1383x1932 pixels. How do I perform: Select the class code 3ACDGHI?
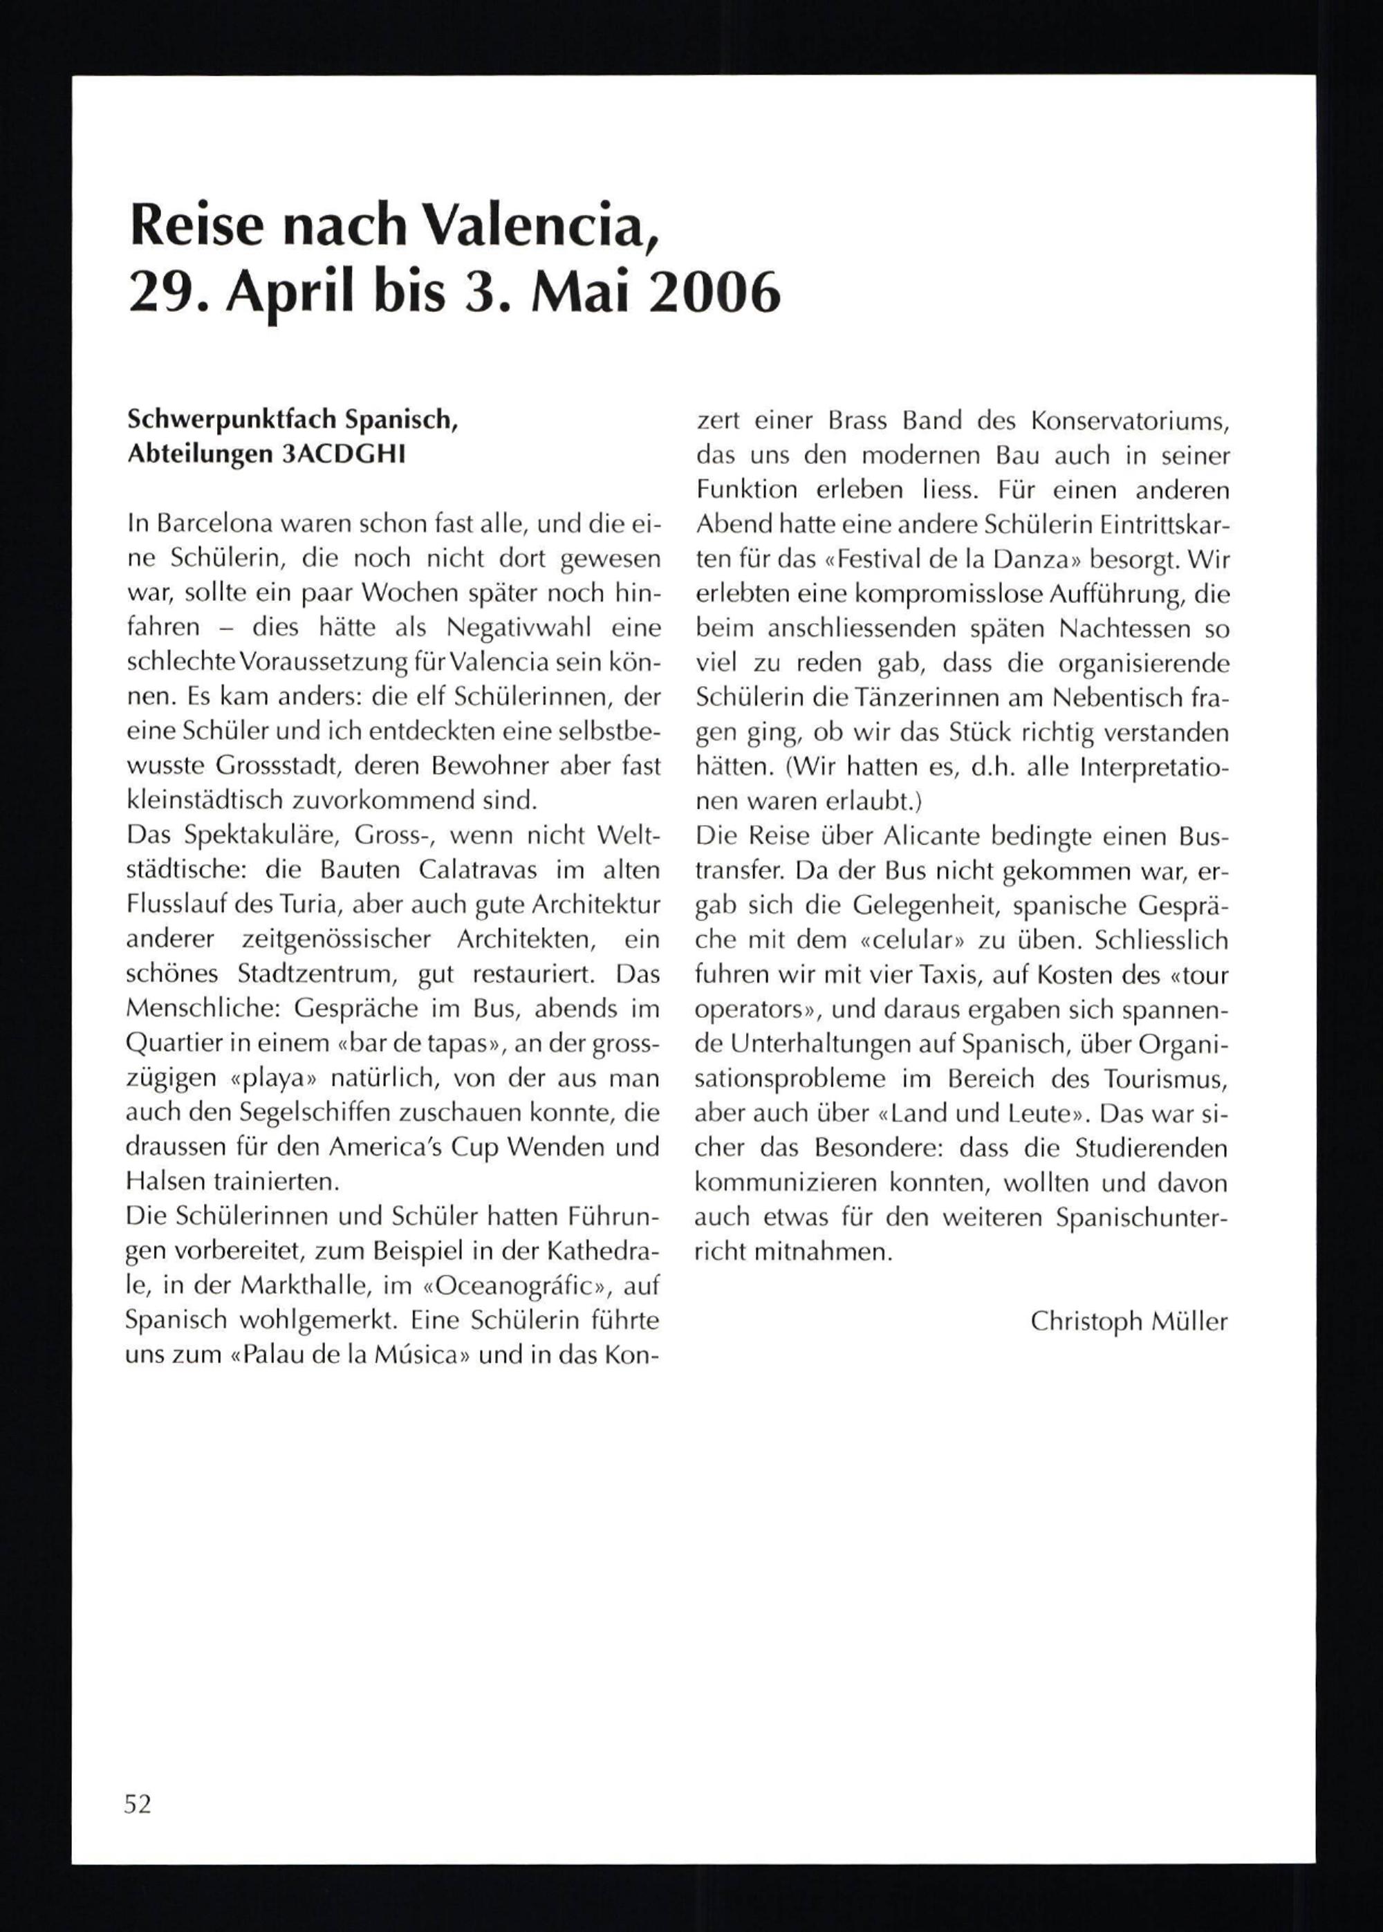[x=342, y=455]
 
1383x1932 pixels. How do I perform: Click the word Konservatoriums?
[x=1129, y=420]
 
